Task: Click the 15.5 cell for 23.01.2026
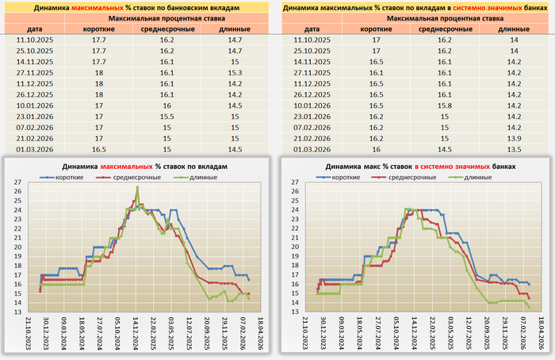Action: click(167, 115)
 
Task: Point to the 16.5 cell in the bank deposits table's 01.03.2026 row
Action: click(99, 148)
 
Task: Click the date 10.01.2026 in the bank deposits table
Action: click(33, 104)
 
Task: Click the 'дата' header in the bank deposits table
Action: click(33, 28)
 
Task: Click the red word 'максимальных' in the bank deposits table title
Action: click(90, 6)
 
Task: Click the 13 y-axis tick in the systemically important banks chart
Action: click(295, 312)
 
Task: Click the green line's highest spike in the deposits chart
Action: click(137, 187)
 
